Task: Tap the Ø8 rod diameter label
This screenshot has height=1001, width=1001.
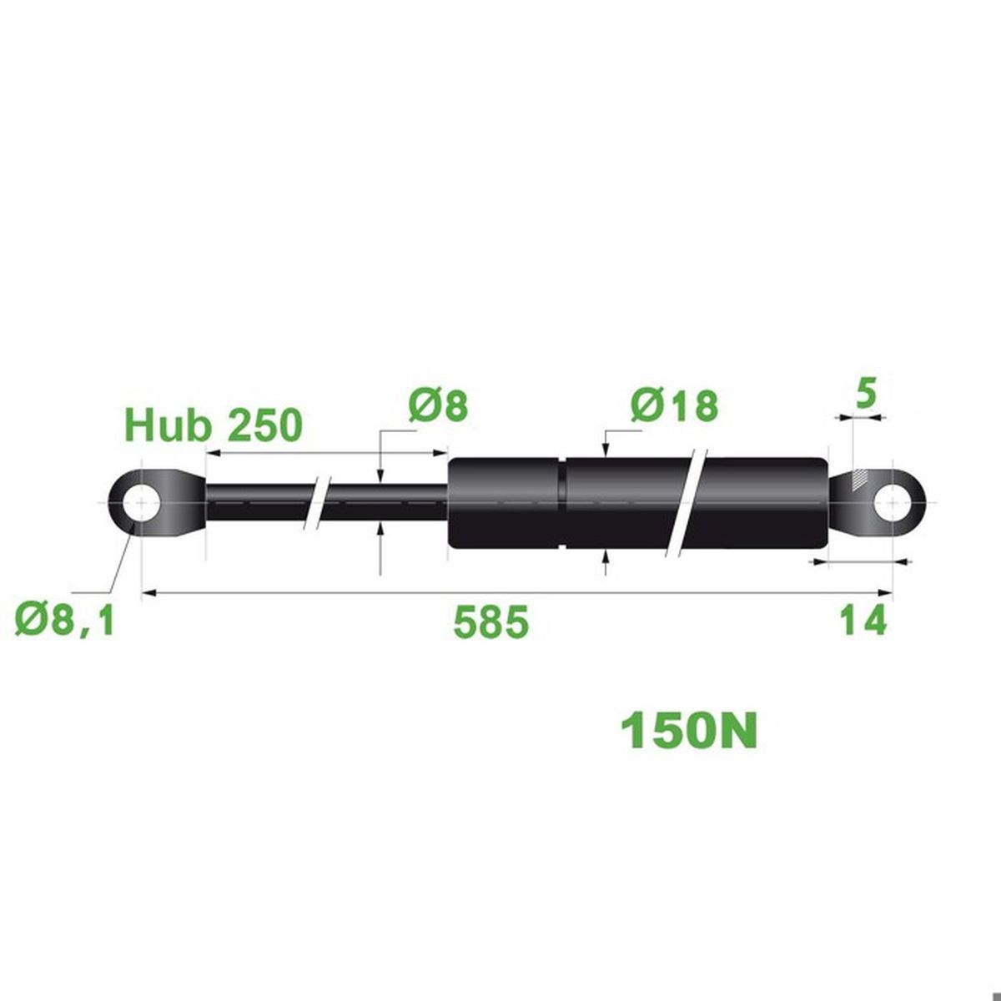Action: [438, 406]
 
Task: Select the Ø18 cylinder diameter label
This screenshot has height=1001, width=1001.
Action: [675, 407]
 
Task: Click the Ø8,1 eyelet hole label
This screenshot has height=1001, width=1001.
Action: [65, 621]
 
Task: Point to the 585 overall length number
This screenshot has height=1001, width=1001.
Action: [491, 621]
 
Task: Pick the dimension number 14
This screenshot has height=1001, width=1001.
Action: [863, 621]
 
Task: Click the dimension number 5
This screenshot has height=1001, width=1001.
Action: [865, 395]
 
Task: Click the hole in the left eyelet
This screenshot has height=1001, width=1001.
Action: [141, 503]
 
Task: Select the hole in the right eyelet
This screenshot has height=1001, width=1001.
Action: [892, 503]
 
